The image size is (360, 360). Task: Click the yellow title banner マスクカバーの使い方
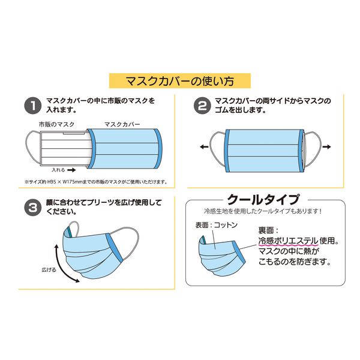180,80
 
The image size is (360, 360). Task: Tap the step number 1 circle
33,106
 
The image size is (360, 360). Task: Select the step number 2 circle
202,106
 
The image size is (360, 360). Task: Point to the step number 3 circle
33,208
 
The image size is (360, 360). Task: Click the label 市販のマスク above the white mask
57,124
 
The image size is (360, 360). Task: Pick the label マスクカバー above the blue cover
122,124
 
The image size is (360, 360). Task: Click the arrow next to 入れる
71,170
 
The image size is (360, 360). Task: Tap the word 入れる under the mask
58,170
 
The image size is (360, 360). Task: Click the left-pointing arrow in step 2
204,147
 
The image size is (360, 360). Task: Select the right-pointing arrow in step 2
327,147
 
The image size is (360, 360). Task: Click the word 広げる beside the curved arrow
49,269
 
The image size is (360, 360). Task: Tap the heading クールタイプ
263,200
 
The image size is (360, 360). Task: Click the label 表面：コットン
216,225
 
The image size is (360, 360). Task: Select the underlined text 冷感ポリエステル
289,241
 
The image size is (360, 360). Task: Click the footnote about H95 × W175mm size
96,182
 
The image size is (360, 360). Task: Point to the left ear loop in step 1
32,146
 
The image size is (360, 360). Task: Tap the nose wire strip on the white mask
74,133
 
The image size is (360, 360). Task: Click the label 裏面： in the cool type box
268,230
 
